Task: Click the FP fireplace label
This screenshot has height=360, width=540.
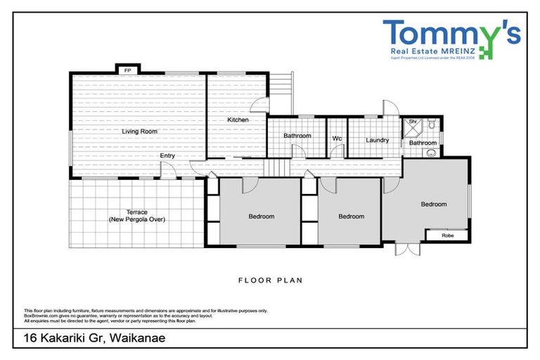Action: pos(127,71)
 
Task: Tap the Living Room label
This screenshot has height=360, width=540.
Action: pos(139,131)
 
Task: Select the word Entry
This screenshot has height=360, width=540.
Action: pos(167,156)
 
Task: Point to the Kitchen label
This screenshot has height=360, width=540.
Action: pos(238,120)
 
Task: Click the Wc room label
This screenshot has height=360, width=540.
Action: pos(337,139)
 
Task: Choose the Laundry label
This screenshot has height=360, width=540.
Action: pos(378,140)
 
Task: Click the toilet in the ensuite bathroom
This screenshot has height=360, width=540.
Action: pos(432,125)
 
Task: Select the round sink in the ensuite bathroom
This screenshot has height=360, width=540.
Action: pos(431,151)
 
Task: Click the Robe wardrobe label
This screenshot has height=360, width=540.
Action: pos(447,236)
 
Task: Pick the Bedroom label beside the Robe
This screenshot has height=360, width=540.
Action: pos(433,205)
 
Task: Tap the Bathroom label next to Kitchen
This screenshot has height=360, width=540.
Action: pos(297,136)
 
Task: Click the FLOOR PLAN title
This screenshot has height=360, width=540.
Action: pos(270,280)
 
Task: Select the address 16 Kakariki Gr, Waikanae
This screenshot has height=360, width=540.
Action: pos(89,338)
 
